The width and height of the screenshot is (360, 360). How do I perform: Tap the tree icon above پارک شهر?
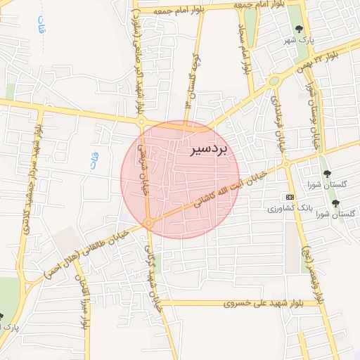[300, 29]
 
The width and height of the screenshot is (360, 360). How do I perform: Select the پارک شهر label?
[302, 40]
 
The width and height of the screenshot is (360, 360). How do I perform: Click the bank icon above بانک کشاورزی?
[289, 196]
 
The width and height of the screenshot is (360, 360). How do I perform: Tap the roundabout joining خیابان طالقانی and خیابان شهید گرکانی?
[148, 223]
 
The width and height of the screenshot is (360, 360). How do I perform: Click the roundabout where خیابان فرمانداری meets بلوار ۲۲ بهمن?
[273, 81]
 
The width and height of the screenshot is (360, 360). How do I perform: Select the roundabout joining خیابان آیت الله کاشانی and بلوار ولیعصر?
[285, 165]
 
